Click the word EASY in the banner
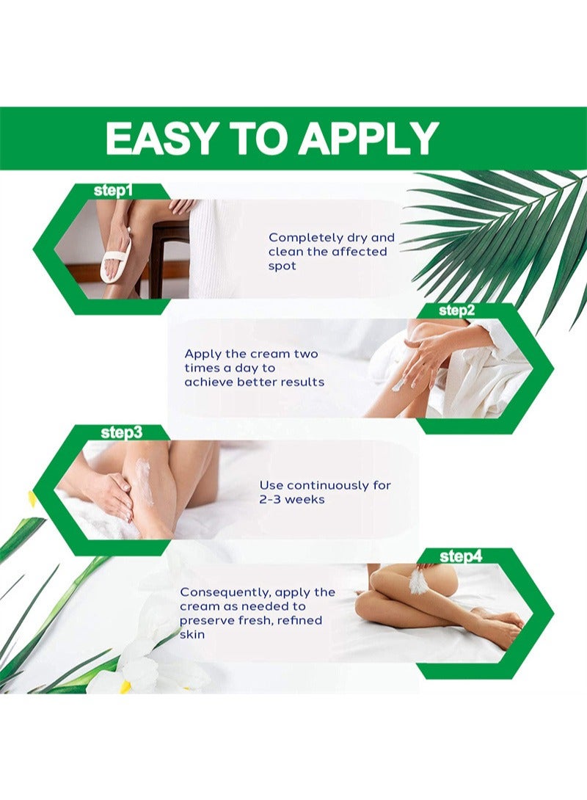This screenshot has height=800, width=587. pos(153,138)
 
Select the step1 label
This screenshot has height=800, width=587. pos(113,191)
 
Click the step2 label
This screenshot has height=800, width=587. pos(457,310)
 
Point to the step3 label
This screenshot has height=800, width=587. pos(122,432)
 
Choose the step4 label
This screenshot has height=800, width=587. pos(461,556)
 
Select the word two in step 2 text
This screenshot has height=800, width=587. pos(305,354)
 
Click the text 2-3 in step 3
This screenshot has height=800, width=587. pos(271,500)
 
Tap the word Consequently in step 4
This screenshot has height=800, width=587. pos(225,593)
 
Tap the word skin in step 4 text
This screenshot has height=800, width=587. pos(192,635)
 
